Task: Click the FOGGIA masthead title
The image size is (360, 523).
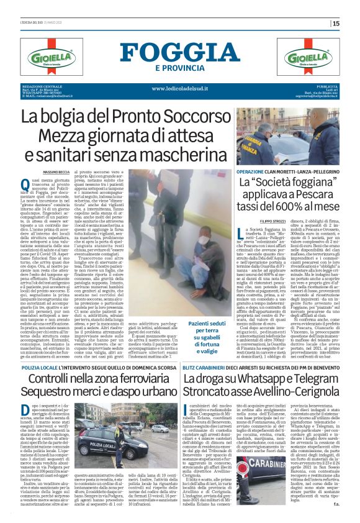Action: [179, 52]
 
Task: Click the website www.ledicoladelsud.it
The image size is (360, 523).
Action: [179, 89]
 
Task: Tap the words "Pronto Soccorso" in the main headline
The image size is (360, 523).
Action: [155, 116]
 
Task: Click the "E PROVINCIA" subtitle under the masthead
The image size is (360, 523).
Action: [179, 68]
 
